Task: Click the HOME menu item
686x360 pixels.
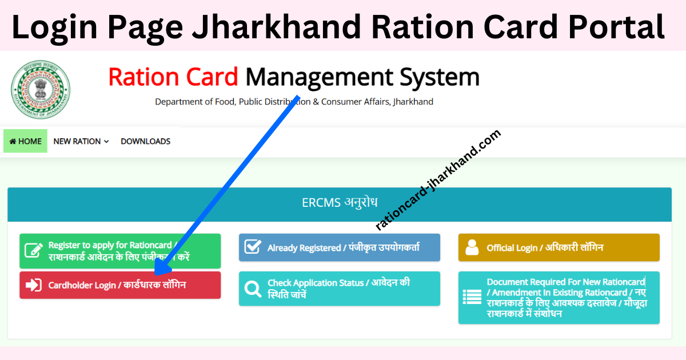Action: tap(26, 141)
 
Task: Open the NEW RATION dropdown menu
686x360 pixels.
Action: tap(81, 141)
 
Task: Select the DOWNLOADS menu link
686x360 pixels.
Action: tap(145, 141)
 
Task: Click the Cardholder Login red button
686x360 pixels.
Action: tap(119, 285)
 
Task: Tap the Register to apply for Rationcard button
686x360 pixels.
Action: tap(119, 251)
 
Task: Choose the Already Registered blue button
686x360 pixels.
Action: tap(339, 247)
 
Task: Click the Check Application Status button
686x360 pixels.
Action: tap(339, 289)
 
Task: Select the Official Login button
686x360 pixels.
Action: tap(559, 247)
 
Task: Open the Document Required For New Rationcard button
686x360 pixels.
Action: tap(559, 298)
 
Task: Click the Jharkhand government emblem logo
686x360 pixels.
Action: tap(40, 90)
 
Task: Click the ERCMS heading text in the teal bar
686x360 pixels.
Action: tap(339, 203)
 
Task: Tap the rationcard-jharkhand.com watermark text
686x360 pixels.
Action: tap(438, 180)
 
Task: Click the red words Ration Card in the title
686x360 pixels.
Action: tap(173, 77)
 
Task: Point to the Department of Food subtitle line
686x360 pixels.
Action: tap(294, 102)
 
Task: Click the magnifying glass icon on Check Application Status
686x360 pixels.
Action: tap(253, 289)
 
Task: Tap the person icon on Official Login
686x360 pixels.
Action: tap(472, 247)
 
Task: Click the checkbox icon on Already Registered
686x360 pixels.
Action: tap(253, 247)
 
